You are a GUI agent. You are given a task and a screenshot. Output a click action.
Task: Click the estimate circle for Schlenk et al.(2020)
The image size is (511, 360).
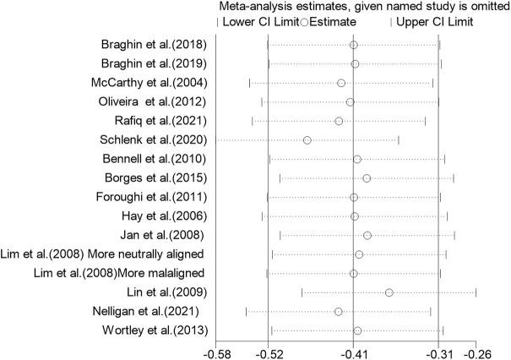[x=307, y=140]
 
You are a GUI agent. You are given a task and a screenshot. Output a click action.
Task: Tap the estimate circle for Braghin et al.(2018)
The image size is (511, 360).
[x=354, y=45]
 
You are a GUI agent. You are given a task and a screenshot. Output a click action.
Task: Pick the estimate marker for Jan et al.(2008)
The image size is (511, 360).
[x=367, y=235]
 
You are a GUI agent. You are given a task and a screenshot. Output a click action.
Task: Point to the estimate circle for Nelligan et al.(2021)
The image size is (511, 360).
[x=339, y=312]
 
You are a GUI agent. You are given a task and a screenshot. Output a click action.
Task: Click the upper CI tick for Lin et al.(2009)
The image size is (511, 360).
[x=476, y=292]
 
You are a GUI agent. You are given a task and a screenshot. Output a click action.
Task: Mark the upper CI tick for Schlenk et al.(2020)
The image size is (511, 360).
[x=399, y=140]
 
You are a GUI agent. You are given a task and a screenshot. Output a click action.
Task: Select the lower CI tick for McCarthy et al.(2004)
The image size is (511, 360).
[x=250, y=83]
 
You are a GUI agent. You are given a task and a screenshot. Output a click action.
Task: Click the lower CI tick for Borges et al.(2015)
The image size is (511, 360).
[x=280, y=178]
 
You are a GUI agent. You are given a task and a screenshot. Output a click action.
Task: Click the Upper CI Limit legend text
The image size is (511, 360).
[x=432, y=21]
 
